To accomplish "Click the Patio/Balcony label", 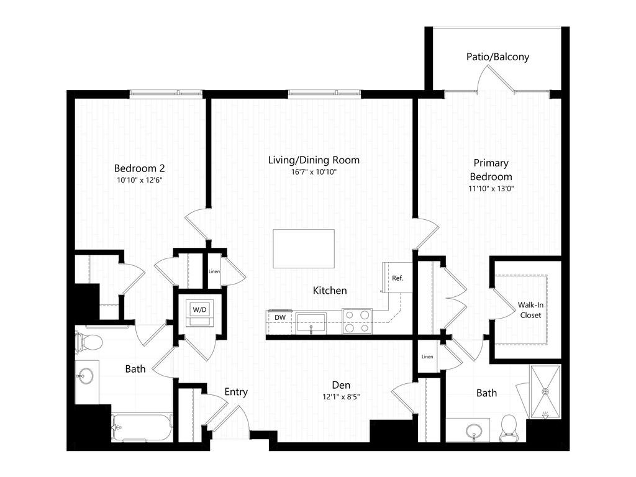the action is (x=497, y=57).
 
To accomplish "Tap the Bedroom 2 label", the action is (x=140, y=168).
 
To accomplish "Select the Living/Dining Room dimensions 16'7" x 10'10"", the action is (x=314, y=173).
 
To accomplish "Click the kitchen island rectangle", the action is (x=304, y=249).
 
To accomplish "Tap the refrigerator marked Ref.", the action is (x=397, y=278).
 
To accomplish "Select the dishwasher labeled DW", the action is (x=280, y=317).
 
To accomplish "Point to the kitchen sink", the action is (x=311, y=322).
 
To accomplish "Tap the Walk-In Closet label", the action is (x=529, y=310).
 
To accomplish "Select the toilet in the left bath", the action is (x=88, y=342).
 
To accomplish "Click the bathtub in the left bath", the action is (x=142, y=427).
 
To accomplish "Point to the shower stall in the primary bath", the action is (x=545, y=392).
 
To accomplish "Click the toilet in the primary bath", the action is (x=510, y=427).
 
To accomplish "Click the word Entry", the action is (x=236, y=392).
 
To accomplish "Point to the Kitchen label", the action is (x=330, y=291).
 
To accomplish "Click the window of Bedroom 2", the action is (x=166, y=94).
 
